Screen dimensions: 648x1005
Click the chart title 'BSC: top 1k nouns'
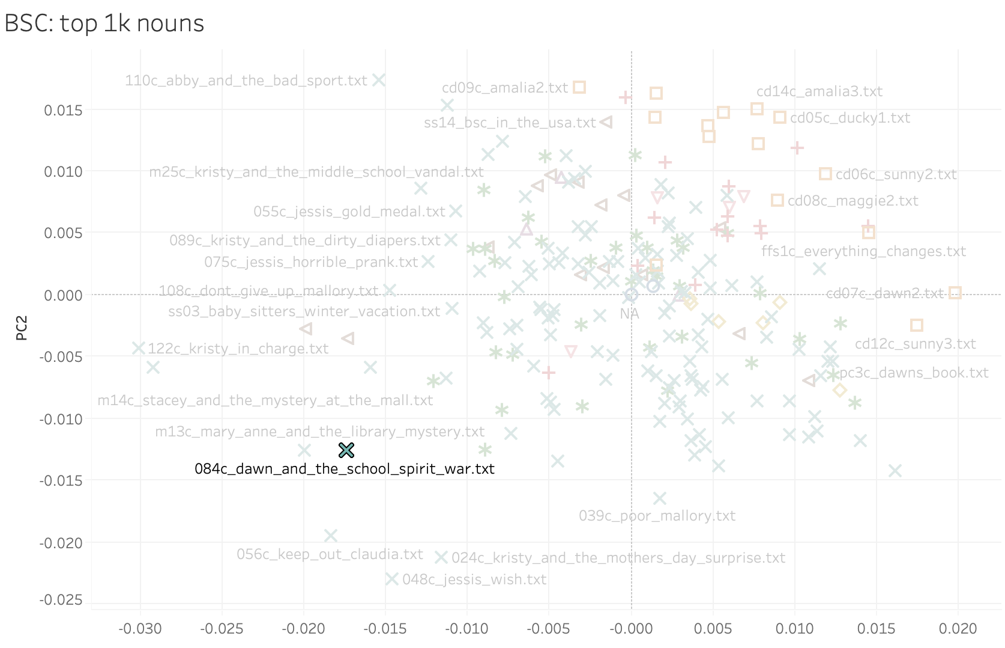point(104,23)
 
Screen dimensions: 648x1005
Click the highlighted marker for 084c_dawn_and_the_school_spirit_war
point(346,450)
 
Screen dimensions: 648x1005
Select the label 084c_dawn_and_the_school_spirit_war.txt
point(345,469)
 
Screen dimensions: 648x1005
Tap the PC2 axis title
point(22,328)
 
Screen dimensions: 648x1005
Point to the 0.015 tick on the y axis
point(63,110)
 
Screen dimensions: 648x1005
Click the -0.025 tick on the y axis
point(61,600)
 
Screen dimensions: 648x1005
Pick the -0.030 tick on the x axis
point(140,629)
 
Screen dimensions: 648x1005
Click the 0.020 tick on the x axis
point(958,629)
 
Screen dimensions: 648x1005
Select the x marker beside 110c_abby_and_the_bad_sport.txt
point(379,80)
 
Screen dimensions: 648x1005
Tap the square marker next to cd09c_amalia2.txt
point(579,87)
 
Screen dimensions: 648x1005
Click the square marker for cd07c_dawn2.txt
point(955,293)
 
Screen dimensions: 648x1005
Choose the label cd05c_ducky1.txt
point(850,118)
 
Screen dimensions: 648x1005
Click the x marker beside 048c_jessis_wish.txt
point(392,579)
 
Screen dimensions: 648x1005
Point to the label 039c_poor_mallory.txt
point(657,516)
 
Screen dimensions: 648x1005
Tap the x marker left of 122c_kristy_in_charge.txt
point(139,348)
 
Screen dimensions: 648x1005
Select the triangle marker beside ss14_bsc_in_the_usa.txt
point(606,122)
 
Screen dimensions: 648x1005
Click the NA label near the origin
point(629,314)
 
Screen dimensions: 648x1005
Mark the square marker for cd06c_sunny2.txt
point(825,174)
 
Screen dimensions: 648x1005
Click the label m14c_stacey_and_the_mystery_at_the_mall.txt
point(265,400)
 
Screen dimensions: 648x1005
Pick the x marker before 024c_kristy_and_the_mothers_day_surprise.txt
point(441,557)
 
